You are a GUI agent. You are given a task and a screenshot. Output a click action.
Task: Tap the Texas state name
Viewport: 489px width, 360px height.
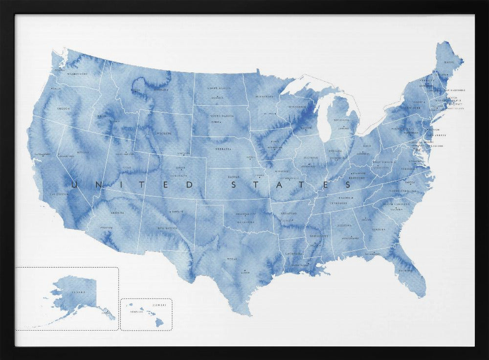[232, 259]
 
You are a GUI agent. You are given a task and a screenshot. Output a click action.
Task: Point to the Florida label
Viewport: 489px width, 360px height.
[405, 270]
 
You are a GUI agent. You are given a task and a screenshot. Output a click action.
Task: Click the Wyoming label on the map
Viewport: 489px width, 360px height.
[163, 133]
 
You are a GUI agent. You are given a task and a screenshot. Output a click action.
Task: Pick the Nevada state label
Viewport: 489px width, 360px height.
[83, 152]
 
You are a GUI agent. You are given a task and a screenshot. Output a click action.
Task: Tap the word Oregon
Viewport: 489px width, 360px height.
[63, 109]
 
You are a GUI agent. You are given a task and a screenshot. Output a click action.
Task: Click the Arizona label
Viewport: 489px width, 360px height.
[117, 213]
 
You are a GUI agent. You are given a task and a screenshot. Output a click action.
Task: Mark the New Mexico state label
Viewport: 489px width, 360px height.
[167, 228]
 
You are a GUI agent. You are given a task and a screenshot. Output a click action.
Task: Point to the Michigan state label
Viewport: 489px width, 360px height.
[342, 120]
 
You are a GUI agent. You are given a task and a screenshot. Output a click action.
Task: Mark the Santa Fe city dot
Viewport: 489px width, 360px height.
[170, 212]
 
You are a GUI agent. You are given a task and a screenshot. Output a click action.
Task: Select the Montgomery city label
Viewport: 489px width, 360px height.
[350, 238]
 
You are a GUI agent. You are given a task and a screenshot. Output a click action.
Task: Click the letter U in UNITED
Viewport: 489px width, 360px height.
[75, 185]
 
